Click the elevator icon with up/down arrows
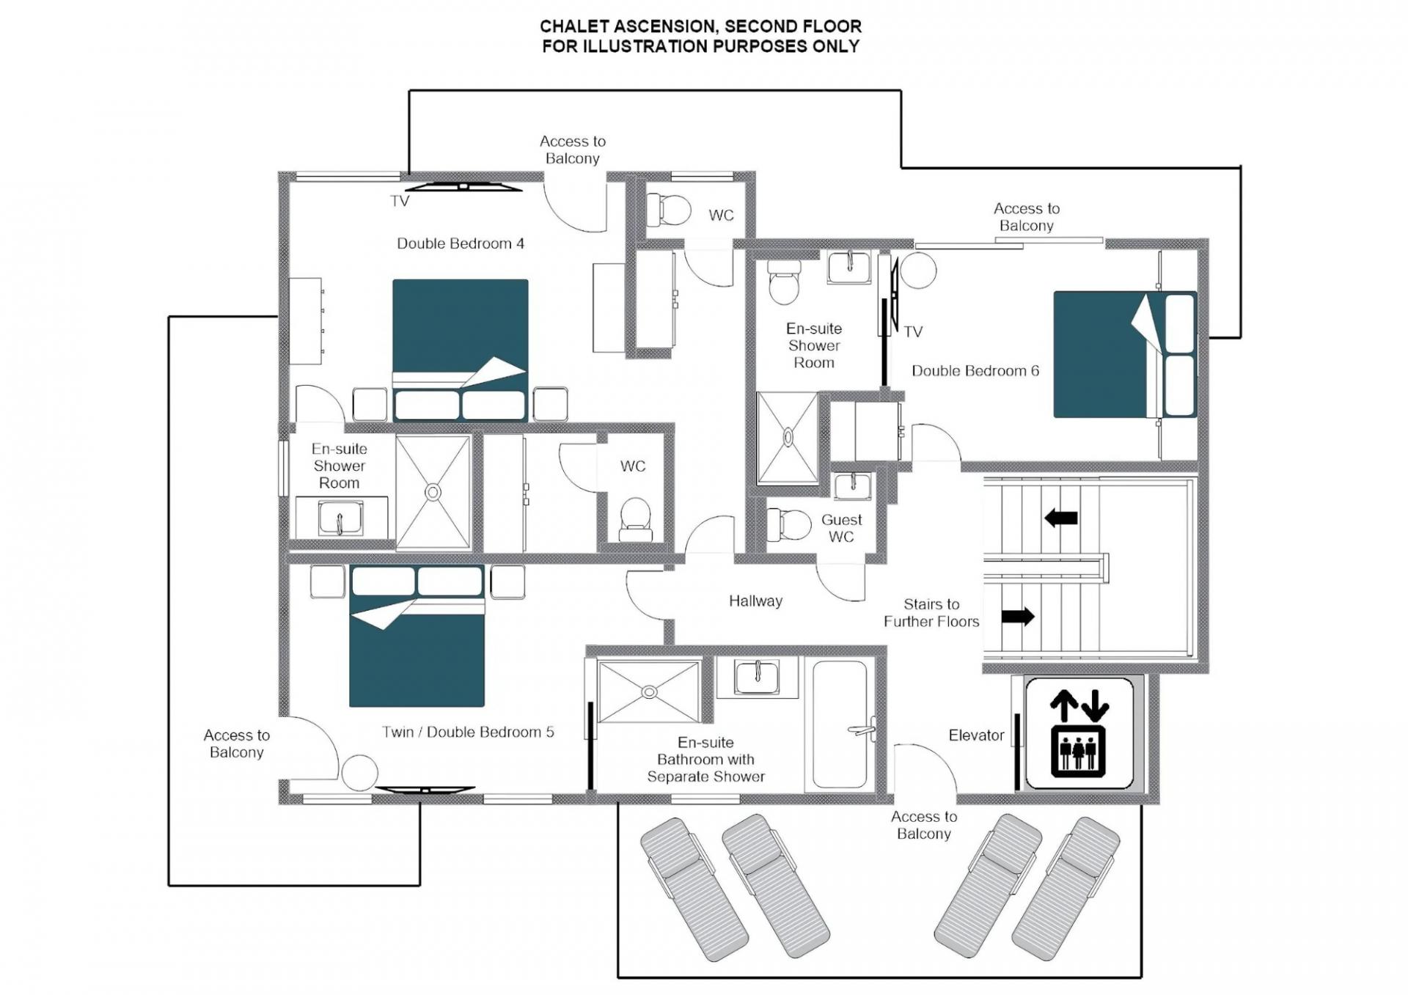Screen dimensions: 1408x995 1079,733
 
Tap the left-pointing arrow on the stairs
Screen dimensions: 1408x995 1060,518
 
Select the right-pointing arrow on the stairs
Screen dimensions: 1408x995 1018,617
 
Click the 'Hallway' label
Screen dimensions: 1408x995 755,601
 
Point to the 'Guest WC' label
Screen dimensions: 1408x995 841,528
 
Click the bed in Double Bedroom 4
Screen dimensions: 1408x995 460,350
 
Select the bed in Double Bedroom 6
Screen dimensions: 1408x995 1125,355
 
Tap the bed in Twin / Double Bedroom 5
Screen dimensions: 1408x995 417,636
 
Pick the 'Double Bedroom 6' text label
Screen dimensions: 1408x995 975,371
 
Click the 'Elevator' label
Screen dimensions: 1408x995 976,735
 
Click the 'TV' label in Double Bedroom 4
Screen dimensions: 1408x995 400,201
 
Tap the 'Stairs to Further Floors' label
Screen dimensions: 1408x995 931,613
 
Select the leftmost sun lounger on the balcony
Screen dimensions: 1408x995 694,888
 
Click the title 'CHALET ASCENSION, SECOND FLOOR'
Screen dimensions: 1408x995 700,26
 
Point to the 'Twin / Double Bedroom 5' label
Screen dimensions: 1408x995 468,732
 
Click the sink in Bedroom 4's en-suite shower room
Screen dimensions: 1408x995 340,518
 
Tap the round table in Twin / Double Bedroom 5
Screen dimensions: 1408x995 359,774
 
